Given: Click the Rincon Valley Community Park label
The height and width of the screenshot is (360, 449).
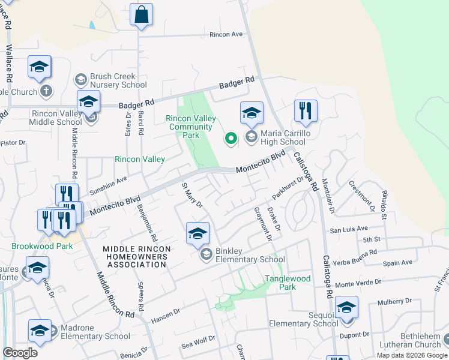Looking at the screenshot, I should coord(191,127).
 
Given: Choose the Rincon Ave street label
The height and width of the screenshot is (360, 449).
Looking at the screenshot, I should coord(226,34).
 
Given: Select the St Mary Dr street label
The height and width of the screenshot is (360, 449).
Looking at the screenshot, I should coord(192,195).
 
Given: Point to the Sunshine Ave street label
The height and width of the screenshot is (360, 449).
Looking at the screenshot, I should coord(108,186).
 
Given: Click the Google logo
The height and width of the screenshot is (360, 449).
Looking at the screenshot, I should coord(20,352).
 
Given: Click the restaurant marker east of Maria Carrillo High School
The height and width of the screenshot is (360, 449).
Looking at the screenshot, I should coord(306,111).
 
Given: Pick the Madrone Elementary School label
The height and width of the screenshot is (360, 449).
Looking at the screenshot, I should coord(91,336).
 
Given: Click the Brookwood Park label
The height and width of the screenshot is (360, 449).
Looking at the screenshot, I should coord(42,247).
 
